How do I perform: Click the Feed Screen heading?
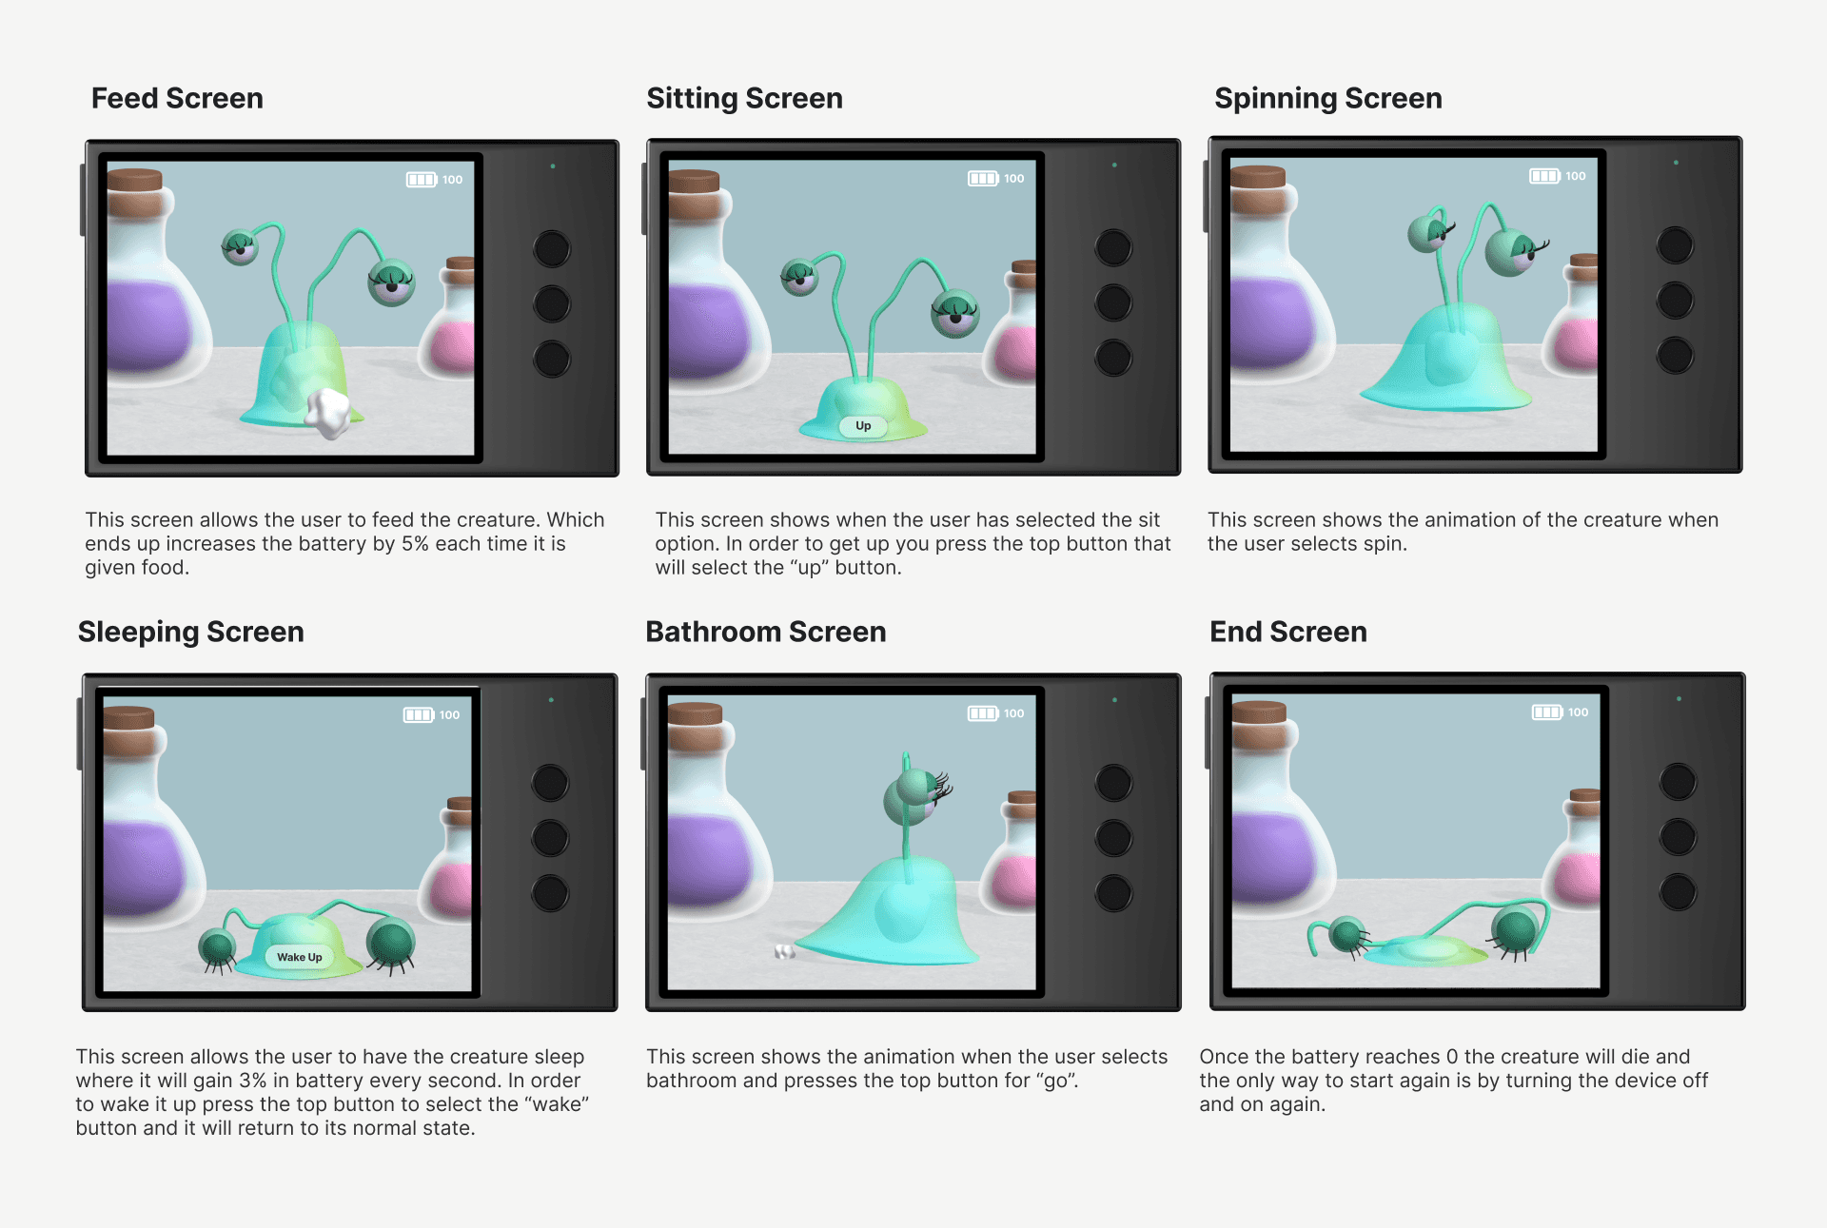[177, 98]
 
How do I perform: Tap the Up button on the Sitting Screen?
[863, 425]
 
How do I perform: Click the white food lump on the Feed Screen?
[328, 413]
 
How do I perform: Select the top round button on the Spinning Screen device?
[1675, 245]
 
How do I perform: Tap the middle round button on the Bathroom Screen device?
[1113, 838]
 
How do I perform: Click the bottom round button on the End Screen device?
[1678, 892]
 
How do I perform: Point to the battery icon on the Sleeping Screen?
[419, 714]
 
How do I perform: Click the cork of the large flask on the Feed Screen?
[134, 180]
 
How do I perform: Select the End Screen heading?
[1288, 632]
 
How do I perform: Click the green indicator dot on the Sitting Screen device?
[1114, 165]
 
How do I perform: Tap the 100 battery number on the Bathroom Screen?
[1014, 713]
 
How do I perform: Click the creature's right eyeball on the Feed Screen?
[391, 282]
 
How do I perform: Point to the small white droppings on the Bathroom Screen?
[784, 950]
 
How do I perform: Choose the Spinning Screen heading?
[1328, 98]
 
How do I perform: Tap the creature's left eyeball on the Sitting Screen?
[799, 276]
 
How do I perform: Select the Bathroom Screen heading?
[766, 632]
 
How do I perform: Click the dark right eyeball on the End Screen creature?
[1516, 929]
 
